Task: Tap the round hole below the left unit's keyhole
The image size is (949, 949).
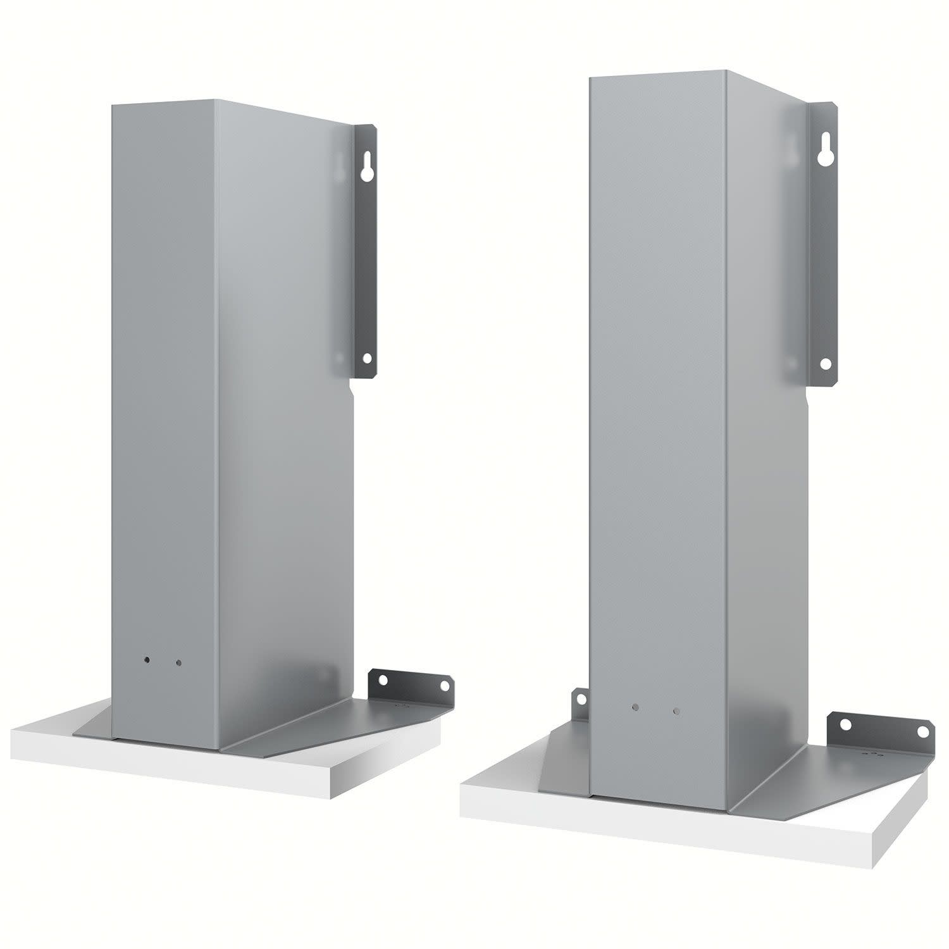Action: [x=366, y=358]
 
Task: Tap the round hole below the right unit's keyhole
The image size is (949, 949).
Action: [x=825, y=364]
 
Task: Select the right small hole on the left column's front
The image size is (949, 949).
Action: [x=179, y=664]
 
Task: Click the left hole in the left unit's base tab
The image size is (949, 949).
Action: [x=383, y=679]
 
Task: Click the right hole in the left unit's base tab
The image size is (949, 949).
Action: [x=445, y=685]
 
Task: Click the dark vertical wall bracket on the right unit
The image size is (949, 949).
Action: [x=822, y=247]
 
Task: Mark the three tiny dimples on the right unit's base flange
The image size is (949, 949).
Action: [x=875, y=754]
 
